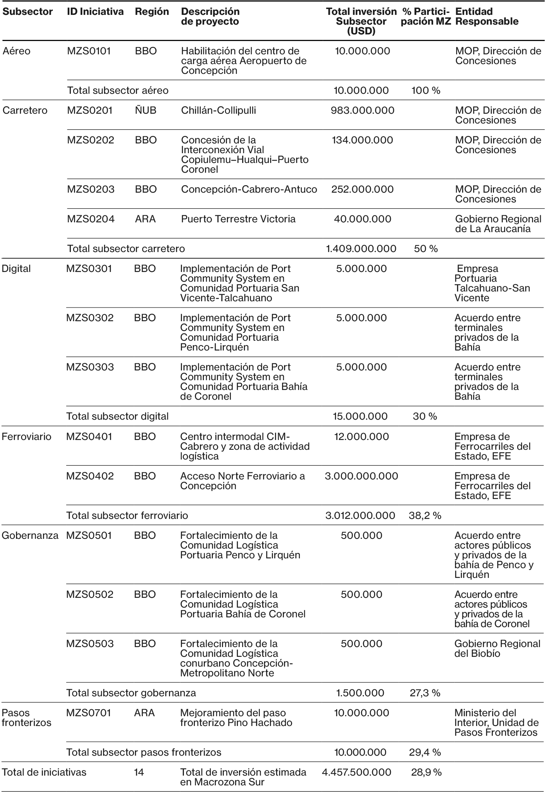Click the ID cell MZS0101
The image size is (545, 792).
click(x=89, y=51)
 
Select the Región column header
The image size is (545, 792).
click(x=152, y=12)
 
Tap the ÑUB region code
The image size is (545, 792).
click(x=146, y=111)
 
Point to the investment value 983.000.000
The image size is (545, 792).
click(x=362, y=111)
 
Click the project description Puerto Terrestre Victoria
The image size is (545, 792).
click(x=238, y=219)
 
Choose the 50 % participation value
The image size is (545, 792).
click(x=426, y=249)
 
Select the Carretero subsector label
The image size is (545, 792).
click(x=25, y=111)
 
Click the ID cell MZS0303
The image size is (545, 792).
click(x=90, y=367)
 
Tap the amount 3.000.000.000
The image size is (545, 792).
click(x=361, y=476)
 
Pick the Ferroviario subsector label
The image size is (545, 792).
click(x=26, y=437)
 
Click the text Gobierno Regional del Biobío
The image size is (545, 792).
click(x=497, y=649)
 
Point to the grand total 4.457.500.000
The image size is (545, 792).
click(x=356, y=772)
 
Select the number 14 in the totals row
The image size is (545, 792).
click(x=139, y=772)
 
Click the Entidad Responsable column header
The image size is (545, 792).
click(x=487, y=16)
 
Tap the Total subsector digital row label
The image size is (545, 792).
click(x=117, y=417)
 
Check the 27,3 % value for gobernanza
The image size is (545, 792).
click(x=425, y=693)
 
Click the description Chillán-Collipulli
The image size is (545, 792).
click(x=218, y=111)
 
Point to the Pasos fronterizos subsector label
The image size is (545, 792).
click(x=21, y=718)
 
